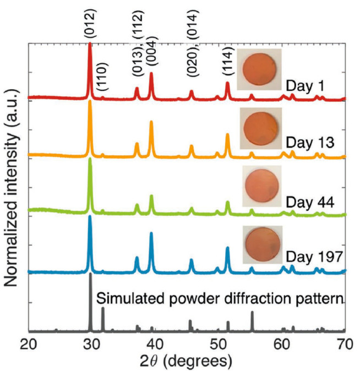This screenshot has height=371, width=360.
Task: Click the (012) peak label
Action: (x=90, y=23)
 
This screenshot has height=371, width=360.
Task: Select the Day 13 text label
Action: (x=307, y=144)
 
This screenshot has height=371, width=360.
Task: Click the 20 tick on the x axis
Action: (x=29, y=345)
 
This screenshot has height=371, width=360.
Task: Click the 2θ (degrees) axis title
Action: (x=186, y=361)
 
